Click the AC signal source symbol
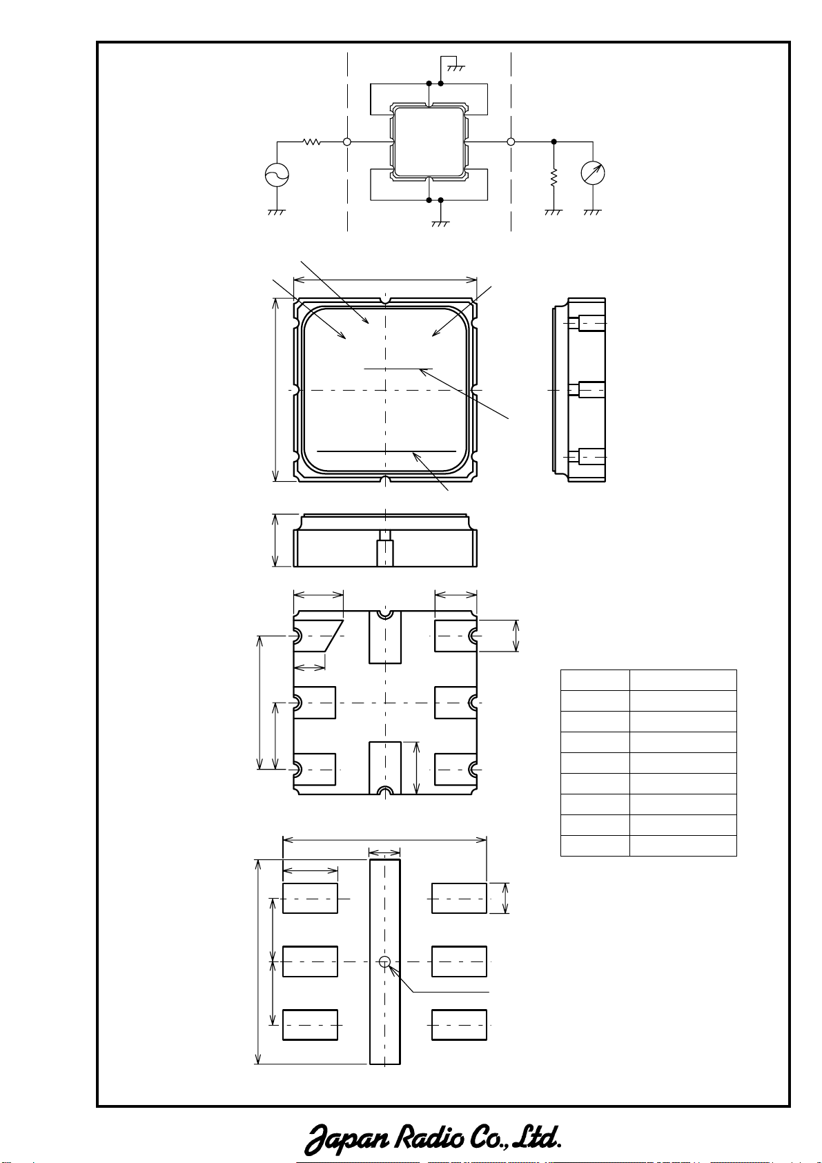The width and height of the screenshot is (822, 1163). [277, 175]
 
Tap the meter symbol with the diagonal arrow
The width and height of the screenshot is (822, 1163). [593, 173]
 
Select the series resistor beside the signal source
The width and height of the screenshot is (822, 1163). [311, 141]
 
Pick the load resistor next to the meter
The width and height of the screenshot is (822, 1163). [554, 177]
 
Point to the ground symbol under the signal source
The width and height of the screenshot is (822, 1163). [276, 213]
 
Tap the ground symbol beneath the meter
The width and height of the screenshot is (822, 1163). [592, 213]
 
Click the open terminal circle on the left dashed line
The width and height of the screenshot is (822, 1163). [347, 141]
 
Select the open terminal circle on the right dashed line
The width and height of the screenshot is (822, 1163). [511, 141]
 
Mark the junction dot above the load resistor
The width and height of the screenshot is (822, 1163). [554, 141]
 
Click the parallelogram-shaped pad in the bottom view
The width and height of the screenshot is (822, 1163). [317, 636]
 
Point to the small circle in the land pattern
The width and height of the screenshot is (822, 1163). [384, 962]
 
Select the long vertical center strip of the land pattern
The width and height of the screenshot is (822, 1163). [385, 961]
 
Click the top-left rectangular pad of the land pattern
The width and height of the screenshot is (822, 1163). [310, 898]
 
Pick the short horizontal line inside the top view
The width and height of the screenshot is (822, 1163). [398, 369]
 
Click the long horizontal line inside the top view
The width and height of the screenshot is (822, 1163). [386, 451]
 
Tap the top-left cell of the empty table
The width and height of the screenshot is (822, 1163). [595, 680]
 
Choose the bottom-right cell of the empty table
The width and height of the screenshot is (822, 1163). [683, 846]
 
